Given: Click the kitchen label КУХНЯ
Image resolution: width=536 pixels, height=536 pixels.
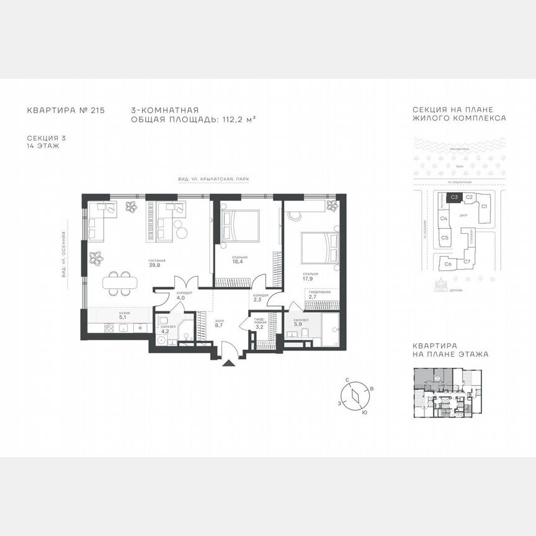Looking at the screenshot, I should tap(125, 314).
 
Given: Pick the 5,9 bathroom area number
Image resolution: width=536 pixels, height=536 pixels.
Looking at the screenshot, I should tap(298, 324).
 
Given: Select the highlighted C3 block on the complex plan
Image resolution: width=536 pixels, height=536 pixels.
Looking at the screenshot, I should tap(455, 197).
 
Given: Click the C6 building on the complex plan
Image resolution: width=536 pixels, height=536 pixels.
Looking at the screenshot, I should tap(448, 264).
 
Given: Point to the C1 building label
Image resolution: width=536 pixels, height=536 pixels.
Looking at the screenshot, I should tap(485, 205).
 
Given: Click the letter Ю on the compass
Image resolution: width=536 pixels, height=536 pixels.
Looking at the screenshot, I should tap(364, 412).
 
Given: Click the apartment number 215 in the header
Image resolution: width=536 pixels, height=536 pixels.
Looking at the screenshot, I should tap(97, 110).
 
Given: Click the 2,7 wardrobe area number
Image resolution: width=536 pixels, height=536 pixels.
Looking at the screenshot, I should tap(313, 297).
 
